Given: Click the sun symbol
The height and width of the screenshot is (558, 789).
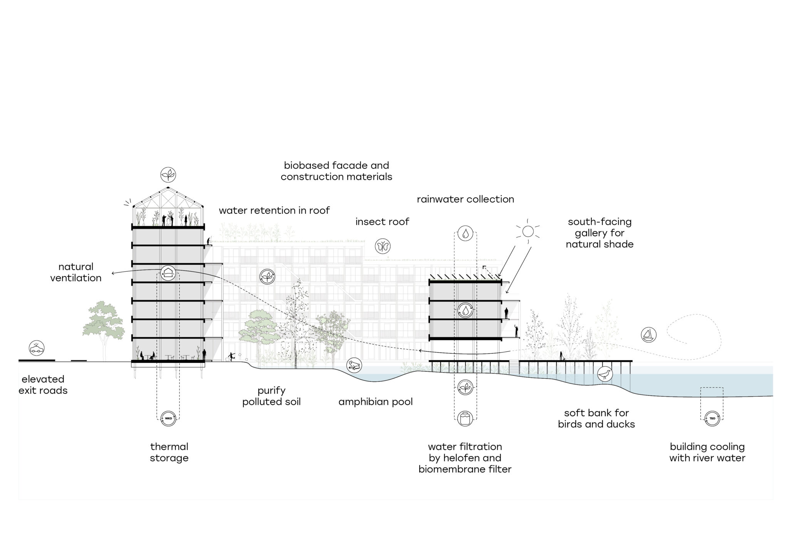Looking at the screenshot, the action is pyautogui.click(x=528, y=231).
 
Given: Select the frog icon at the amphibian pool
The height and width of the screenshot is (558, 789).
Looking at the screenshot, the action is pyautogui.click(x=354, y=365).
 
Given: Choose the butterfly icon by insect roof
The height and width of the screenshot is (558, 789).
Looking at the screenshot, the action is pyautogui.click(x=383, y=246).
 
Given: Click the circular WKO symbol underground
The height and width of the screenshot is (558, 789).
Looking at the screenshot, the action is pyautogui.click(x=169, y=418).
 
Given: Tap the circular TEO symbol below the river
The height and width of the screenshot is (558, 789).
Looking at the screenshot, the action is pyautogui.click(x=712, y=418).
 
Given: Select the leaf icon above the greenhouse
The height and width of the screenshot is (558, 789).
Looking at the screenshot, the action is pyautogui.click(x=168, y=175).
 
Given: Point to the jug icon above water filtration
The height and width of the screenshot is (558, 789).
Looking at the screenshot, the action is pyautogui.click(x=466, y=418).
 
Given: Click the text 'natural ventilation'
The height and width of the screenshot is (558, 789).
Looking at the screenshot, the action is pyautogui.click(x=76, y=272).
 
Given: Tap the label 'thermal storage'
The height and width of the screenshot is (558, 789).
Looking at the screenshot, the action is pyautogui.click(x=169, y=452).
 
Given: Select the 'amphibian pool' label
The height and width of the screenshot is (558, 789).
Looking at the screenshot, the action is pyautogui.click(x=376, y=402).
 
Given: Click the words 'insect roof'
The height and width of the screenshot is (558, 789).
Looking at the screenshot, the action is pyautogui.click(x=382, y=222).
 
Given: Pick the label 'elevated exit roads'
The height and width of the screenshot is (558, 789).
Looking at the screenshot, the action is pyautogui.click(x=43, y=385).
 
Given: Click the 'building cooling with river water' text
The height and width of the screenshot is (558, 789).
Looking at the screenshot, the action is pyautogui.click(x=707, y=452).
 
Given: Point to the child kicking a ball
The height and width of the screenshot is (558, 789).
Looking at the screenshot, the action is pyautogui.click(x=232, y=356).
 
